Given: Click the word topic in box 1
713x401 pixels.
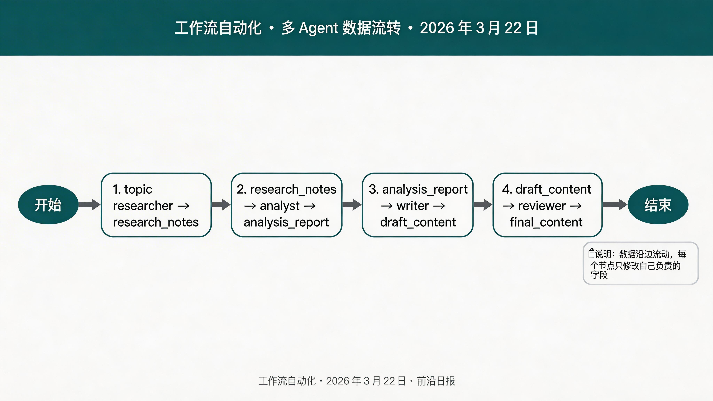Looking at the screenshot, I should click(138, 190).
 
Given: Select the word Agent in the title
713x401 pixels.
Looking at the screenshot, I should click(318, 28).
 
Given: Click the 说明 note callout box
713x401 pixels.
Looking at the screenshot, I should click(640, 263).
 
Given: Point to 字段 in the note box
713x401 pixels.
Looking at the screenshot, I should click(599, 275).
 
